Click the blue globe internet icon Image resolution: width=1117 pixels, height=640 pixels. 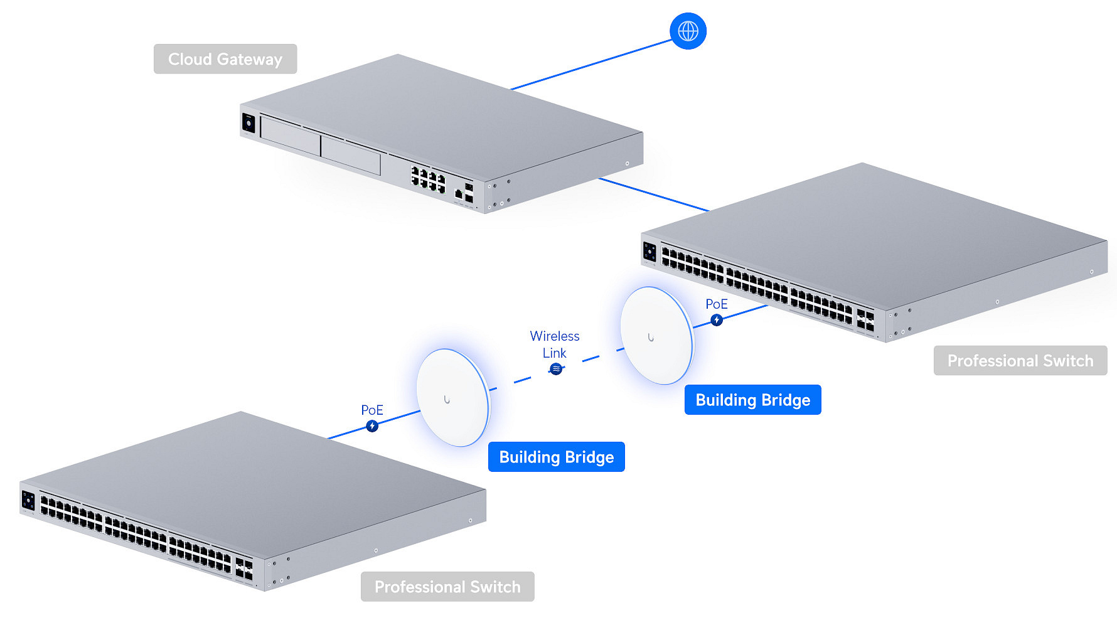point(688,31)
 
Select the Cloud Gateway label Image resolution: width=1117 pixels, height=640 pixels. point(225,59)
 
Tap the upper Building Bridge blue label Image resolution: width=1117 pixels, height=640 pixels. point(752,400)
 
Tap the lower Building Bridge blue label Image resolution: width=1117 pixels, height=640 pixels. point(556,457)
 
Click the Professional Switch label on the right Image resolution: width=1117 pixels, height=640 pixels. point(1020,361)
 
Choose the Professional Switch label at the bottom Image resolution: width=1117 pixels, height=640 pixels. point(447,587)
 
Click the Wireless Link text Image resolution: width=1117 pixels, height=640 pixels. point(554,344)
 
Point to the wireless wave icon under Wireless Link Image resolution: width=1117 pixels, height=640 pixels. point(556,369)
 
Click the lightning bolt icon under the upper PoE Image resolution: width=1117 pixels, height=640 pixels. point(716,320)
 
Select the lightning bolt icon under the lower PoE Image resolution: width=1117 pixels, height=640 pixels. point(372,426)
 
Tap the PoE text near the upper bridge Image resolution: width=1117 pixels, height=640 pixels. point(716,304)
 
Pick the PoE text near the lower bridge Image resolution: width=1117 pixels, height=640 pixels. point(371,410)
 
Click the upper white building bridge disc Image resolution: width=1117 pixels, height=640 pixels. point(656,336)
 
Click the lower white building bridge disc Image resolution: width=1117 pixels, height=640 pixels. point(452,398)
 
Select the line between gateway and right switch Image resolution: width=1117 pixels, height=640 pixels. point(653,195)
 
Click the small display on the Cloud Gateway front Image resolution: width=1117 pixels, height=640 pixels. point(249,123)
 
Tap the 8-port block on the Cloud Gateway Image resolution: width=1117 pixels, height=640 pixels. point(428,179)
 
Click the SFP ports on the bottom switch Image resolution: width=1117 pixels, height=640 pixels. point(244,569)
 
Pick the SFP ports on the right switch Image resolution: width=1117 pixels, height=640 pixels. point(865,320)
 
